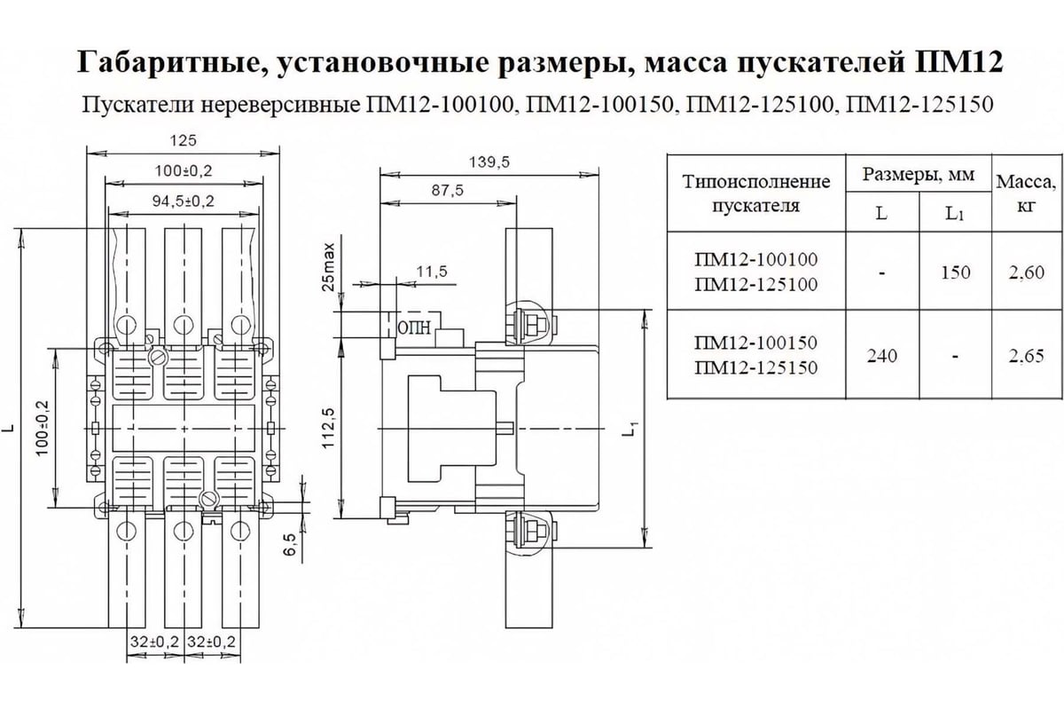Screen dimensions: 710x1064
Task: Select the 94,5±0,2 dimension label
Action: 183,201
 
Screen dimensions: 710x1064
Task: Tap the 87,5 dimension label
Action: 448,191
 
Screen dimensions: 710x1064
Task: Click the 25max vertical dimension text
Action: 328,265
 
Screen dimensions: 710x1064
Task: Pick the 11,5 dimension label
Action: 429,271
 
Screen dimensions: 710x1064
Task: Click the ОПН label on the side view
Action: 415,327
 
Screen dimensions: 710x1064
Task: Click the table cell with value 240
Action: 882,356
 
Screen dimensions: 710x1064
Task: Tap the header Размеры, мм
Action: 919,175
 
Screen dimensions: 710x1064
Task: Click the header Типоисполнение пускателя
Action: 756,193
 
